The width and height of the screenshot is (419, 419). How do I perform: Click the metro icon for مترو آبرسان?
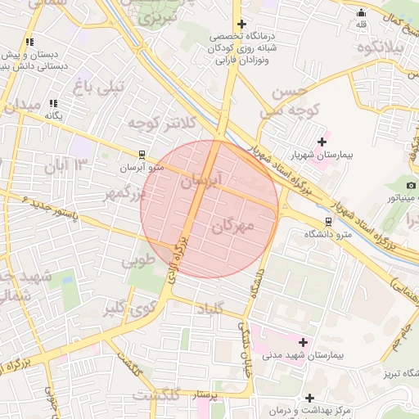coord(142,154)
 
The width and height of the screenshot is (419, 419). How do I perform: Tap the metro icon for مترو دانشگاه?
coord(328,221)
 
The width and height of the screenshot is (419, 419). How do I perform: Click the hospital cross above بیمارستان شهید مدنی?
coord(304,342)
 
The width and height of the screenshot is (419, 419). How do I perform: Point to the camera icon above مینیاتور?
coord(410,186)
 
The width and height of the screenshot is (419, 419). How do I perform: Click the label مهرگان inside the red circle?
coord(233,226)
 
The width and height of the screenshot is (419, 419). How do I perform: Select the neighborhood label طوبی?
coord(138,262)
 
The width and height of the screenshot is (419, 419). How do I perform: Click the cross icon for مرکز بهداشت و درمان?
coord(309,398)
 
